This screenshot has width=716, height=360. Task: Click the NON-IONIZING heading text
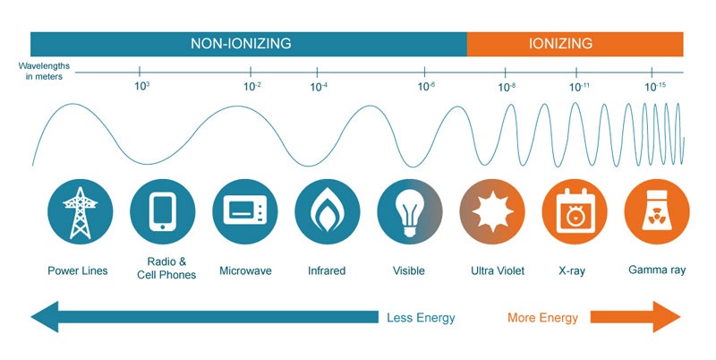coord(241,43)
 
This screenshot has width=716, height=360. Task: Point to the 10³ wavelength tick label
coord(141,87)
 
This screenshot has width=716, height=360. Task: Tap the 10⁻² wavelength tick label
coord(252,87)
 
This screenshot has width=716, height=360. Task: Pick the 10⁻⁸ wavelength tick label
coord(507,87)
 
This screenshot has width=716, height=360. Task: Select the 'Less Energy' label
coord(421,318)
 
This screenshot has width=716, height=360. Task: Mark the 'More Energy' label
coord(542,318)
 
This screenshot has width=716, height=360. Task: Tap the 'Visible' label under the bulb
coord(409,270)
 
